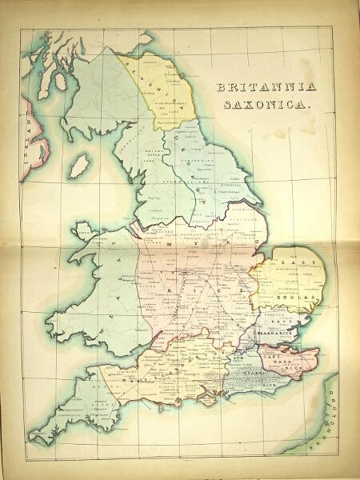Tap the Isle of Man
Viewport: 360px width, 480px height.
pos(78,166)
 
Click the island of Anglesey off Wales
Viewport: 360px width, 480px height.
pos(83,234)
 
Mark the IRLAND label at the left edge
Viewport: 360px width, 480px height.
pos(26,147)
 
